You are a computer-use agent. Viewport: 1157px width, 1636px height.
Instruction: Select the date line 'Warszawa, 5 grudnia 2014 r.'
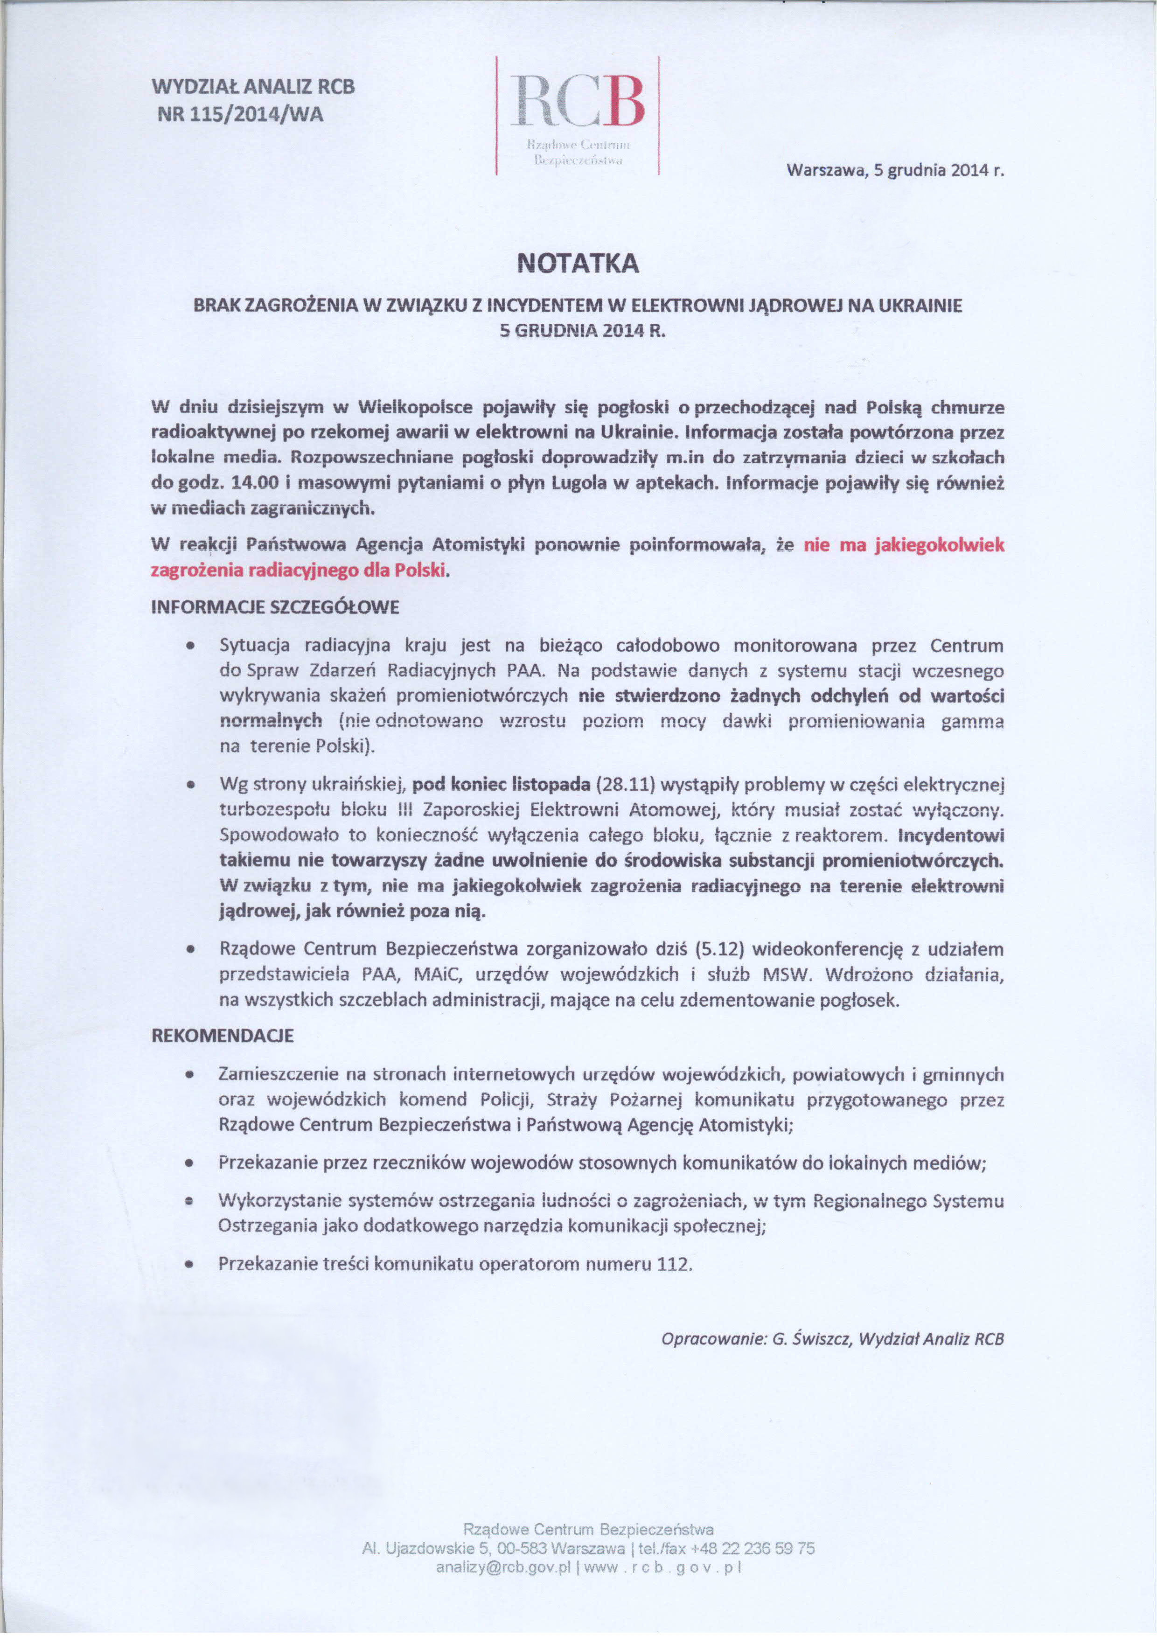895,171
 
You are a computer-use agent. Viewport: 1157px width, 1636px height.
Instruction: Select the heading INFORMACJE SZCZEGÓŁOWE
276,607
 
